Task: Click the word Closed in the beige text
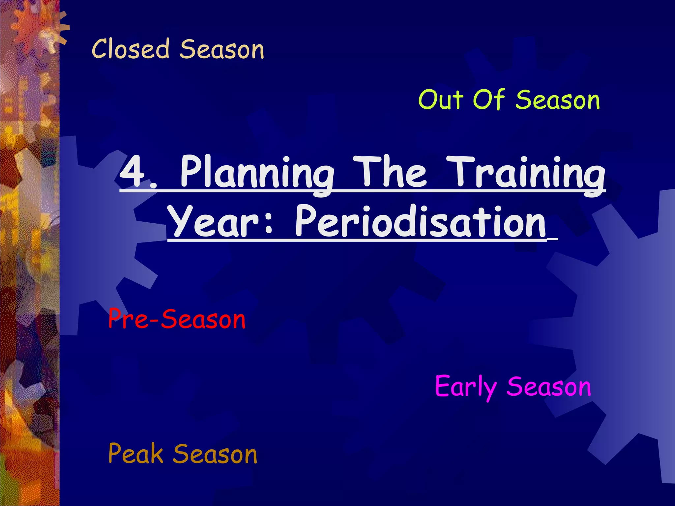coord(131,49)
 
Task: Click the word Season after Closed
coord(222,49)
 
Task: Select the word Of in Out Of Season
coord(489,99)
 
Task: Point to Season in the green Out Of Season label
coord(558,100)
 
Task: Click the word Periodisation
coord(420,221)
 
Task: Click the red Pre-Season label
coord(177,319)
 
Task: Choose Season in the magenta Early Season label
coord(549,387)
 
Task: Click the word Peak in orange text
coord(135,454)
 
